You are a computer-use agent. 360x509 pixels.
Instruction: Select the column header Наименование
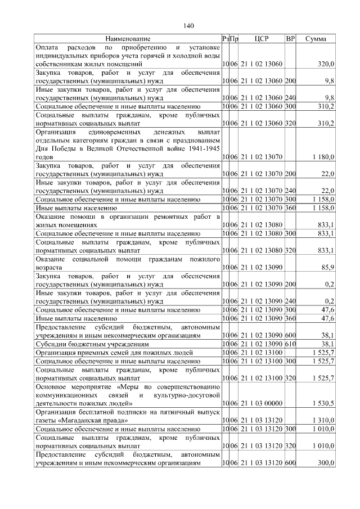click(x=128, y=39)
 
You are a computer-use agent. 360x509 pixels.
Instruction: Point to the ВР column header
click(x=290, y=39)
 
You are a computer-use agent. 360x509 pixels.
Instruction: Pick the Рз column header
click(x=225, y=39)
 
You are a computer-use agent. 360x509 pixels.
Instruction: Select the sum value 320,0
click(x=326, y=65)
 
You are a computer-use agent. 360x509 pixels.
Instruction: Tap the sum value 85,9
click(x=327, y=268)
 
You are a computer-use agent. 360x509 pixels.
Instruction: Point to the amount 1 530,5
click(x=323, y=404)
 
